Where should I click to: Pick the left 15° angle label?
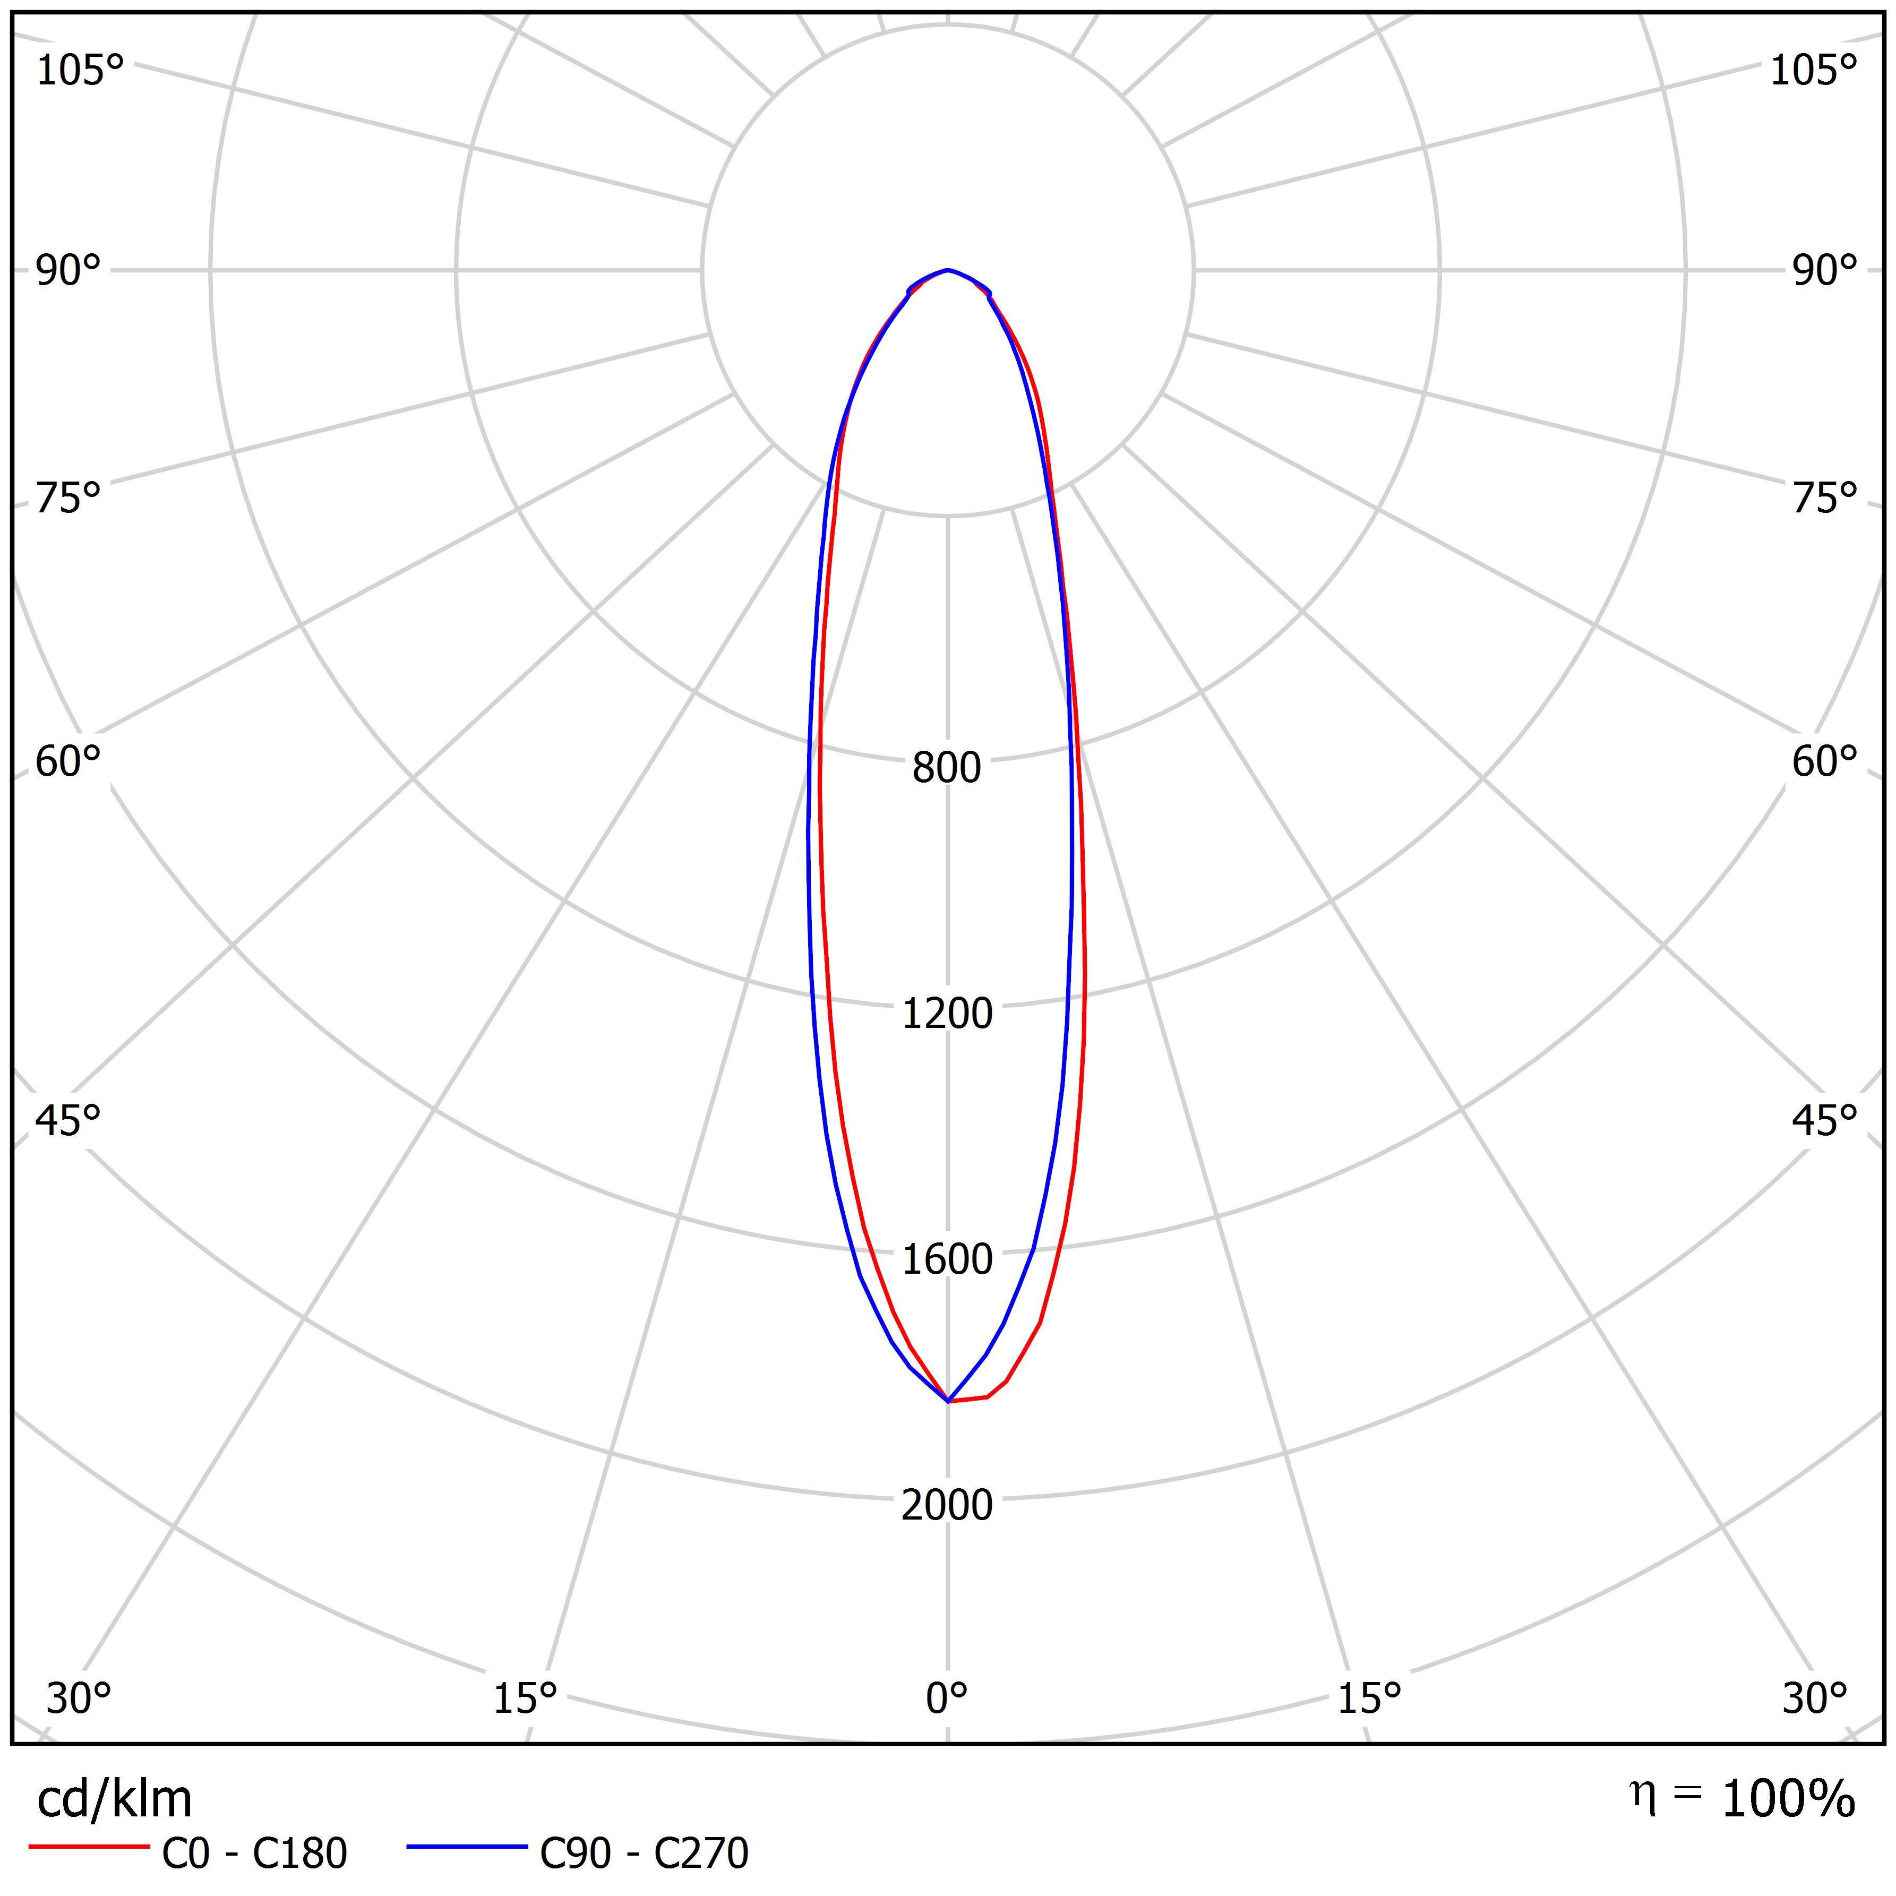(525, 1698)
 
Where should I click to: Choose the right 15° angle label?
(1368, 1698)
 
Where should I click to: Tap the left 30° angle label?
(79, 1698)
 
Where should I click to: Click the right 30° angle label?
(1815, 1698)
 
